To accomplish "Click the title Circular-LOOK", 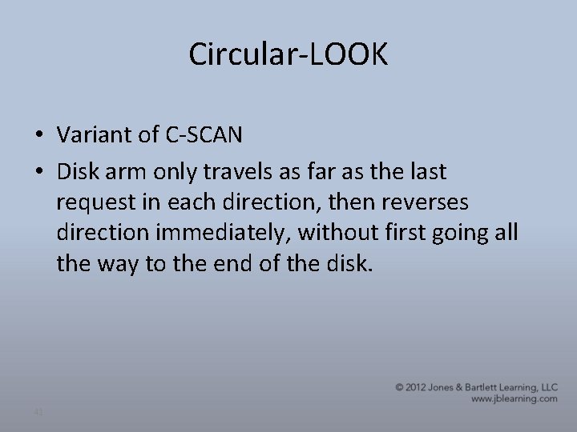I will [288, 54].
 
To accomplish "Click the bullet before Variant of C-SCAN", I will [40, 137].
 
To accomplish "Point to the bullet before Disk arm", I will [40, 171].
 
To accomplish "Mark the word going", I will [464, 234].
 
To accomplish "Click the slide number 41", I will [38, 411].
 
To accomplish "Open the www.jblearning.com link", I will [514, 398].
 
